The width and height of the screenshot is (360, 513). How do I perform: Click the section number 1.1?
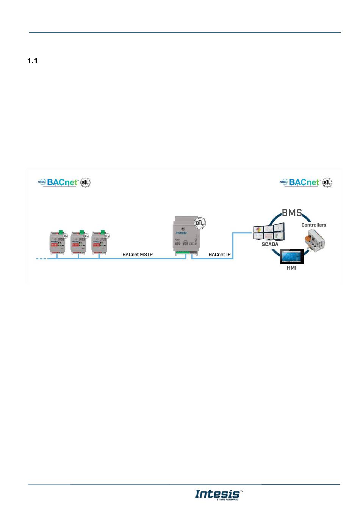click(x=32, y=61)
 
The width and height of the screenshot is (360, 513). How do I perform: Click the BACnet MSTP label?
click(x=138, y=254)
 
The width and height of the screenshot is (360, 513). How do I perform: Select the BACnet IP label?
click(x=219, y=254)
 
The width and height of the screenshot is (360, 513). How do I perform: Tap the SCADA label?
click(x=270, y=244)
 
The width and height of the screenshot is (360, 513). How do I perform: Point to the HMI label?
click(x=291, y=268)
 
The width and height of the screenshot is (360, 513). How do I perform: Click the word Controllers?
click(x=313, y=225)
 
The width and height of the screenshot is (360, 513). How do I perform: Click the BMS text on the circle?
click(x=291, y=213)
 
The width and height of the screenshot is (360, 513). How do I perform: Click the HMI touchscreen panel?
click(x=292, y=257)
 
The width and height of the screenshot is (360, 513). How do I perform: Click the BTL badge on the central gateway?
click(x=199, y=223)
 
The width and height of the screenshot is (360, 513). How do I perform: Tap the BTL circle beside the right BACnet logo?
click(x=327, y=182)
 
